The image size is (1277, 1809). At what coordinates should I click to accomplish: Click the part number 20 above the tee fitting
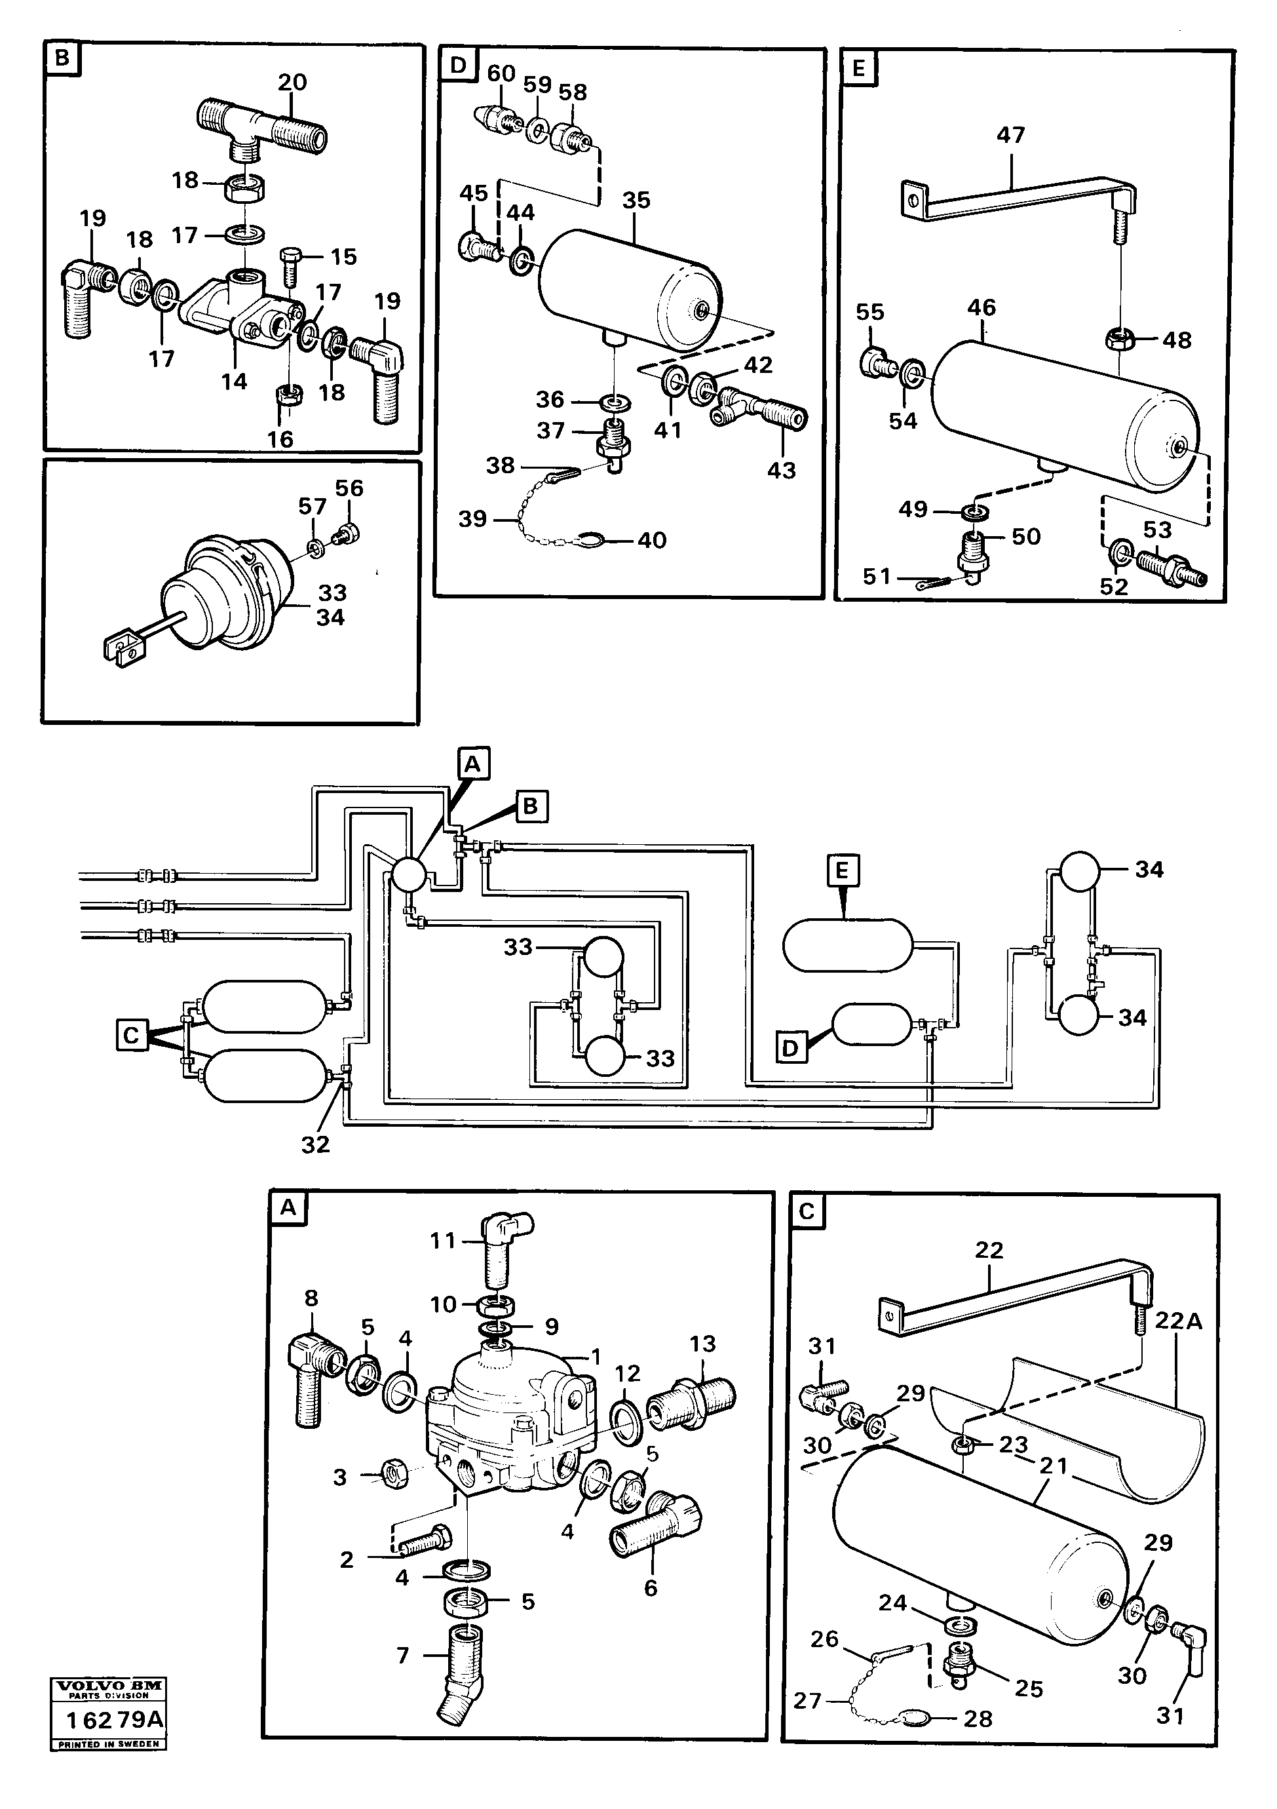point(292,82)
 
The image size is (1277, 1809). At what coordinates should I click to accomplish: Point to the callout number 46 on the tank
point(982,307)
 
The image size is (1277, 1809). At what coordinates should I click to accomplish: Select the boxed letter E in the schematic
point(842,870)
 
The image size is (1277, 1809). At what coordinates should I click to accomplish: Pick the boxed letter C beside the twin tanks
point(132,1034)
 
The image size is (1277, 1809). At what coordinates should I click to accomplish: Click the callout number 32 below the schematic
point(315,1144)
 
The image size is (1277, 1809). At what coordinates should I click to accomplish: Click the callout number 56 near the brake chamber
point(349,488)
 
